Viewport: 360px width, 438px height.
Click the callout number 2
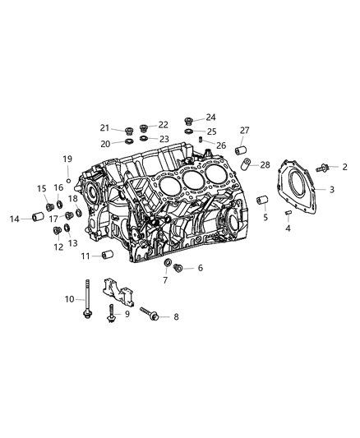coord(344,167)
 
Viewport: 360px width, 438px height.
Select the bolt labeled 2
coord(322,168)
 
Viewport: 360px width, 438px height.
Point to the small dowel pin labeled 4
coord(288,213)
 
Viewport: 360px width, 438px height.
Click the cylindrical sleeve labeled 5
coord(262,200)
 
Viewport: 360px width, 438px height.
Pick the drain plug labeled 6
coord(178,268)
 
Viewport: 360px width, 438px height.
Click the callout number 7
coord(165,280)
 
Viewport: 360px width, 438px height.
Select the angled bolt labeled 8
coord(149,314)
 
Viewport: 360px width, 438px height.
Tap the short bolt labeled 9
coord(112,313)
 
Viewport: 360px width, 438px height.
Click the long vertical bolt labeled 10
coord(88,298)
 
